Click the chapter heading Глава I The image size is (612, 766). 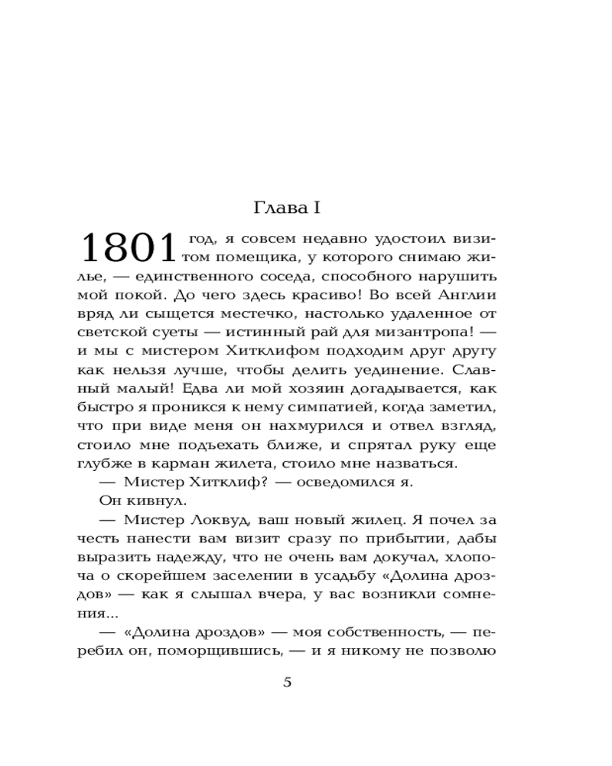(x=290, y=208)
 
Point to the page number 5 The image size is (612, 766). (x=288, y=683)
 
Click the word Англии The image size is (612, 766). (x=467, y=293)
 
